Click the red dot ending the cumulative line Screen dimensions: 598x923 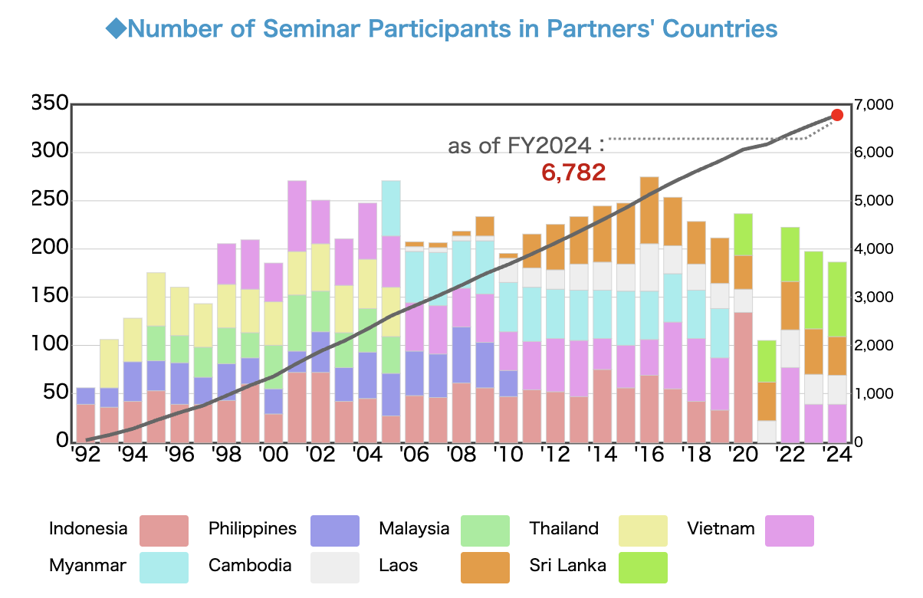click(837, 115)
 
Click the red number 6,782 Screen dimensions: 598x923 click(573, 172)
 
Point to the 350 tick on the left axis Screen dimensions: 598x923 click(48, 103)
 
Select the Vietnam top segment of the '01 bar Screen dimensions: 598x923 click(297, 215)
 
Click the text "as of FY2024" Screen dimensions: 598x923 click(519, 146)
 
